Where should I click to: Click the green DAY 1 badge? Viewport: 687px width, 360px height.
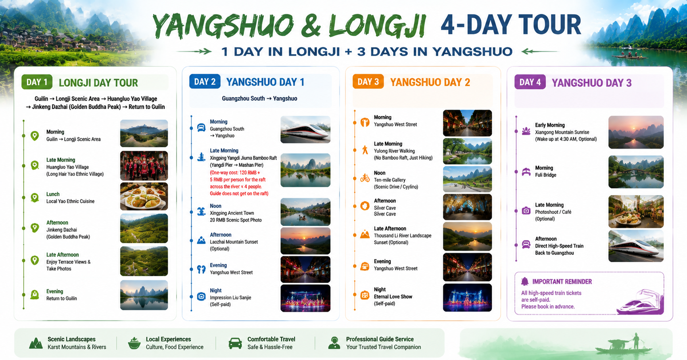(37, 82)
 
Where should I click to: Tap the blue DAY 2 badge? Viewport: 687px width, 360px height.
(205, 82)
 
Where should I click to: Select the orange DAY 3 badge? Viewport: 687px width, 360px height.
(368, 82)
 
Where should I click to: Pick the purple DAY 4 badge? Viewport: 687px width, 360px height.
(530, 82)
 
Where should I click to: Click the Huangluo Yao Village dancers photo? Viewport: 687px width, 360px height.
(144, 166)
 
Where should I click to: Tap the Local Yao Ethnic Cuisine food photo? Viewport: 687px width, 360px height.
(144, 196)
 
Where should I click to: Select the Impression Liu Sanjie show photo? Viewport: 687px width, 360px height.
(305, 298)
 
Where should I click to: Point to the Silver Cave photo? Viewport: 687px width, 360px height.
(467, 207)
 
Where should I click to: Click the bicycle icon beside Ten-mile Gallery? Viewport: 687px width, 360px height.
(365, 178)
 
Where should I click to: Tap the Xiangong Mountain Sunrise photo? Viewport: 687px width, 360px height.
(636, 132)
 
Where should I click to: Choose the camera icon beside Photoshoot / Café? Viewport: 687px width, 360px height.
(526, 211)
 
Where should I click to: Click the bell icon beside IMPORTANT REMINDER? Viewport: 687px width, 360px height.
(525, 281)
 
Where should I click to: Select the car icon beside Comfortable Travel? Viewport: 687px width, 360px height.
(235, 343)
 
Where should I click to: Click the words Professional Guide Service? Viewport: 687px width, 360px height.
(380, 339)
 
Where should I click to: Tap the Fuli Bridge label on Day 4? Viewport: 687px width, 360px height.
(545, 175)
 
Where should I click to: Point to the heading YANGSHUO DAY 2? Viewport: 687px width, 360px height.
(430, 82)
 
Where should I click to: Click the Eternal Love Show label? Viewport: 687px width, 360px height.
(393, 297)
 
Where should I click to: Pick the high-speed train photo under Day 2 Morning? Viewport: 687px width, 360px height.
(305, 130)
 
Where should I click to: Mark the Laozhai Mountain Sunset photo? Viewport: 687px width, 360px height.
(305, 241)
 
